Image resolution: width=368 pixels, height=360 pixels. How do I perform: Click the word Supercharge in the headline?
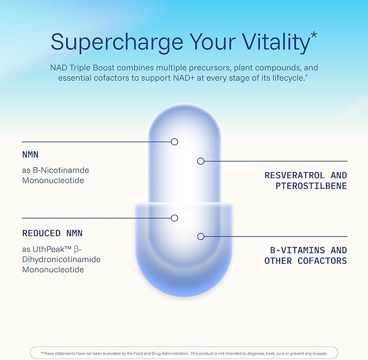click(117, 42)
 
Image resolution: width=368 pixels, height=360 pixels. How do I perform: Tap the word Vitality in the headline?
click(276, 42)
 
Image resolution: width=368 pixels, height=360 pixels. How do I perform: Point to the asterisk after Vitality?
click(314, 36)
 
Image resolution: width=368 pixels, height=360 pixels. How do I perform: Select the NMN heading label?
click(30, 155)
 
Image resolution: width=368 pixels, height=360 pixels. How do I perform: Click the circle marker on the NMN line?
click(175, 142)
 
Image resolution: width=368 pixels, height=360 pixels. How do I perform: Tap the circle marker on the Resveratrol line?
click(201, 161)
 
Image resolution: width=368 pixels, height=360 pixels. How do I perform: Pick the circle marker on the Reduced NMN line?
click(175, 218)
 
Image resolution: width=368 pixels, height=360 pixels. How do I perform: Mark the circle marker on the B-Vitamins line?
click(201, 237)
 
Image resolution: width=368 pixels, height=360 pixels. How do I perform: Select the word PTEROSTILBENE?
click(311, 186)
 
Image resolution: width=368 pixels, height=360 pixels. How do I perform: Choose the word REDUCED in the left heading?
click(41, 233)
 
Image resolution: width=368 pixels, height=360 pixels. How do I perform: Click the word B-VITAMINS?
click(298, 250)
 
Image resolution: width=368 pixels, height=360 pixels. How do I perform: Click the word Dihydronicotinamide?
click(61, 259)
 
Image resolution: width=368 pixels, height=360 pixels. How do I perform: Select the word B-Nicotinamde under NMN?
click(61, 170)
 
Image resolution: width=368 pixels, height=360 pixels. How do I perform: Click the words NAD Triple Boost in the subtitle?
click(82, 68)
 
